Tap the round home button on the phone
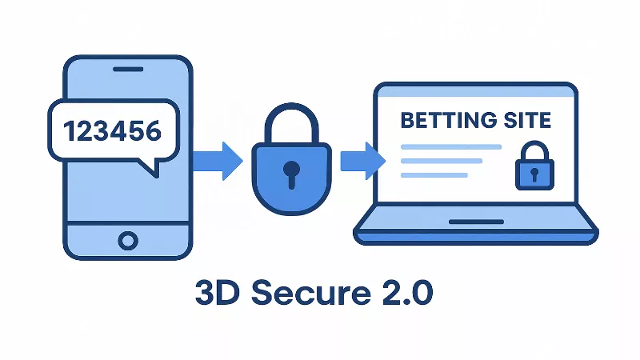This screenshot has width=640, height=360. pyautogui.click(x=127, y=239)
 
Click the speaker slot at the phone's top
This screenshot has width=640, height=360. pyautogui.click(x=128, y=69)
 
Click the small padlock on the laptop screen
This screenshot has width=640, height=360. pyautogui.click(x=534, y=171)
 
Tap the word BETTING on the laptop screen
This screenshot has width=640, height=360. pyautogui.click(x=441, y=121)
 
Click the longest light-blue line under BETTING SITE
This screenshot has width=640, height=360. pyautogui.click(x=450, y=147)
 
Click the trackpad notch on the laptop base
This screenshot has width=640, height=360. pyautogui.click(x=476, y=221)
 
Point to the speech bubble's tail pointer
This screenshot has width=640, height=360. pyautogui.click(x=147, y=166)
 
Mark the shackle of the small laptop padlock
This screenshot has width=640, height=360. pyautogui.click(x=534, y=152)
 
